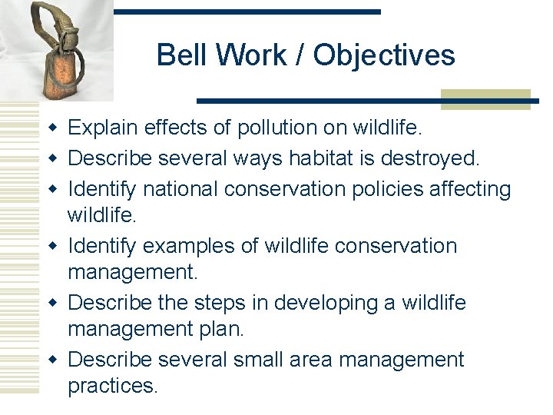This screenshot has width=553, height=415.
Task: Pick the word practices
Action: click(x=112, y=386)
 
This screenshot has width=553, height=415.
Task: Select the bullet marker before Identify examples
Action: click(x=51, y=246)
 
